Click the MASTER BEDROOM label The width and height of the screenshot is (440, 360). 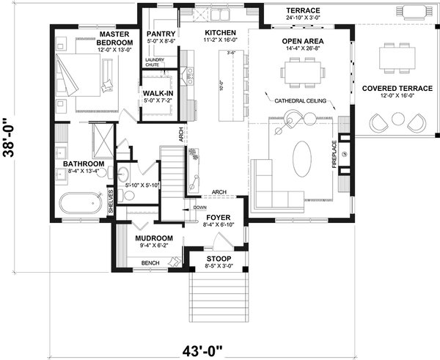(114, 39)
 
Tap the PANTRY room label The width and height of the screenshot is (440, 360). (159, 34)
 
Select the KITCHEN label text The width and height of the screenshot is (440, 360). (219, 34)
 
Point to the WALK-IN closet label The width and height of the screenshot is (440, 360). (158, 94)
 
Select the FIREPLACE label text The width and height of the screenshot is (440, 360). (334, 155)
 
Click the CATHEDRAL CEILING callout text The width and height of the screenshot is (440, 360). (301, 100)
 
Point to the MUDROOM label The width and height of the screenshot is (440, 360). (154, 238)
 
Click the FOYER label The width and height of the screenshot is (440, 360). (219, 218)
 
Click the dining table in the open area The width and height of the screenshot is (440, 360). (302, 71)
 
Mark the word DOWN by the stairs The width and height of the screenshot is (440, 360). (199, 207)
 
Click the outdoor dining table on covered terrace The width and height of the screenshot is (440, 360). (397, 56)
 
